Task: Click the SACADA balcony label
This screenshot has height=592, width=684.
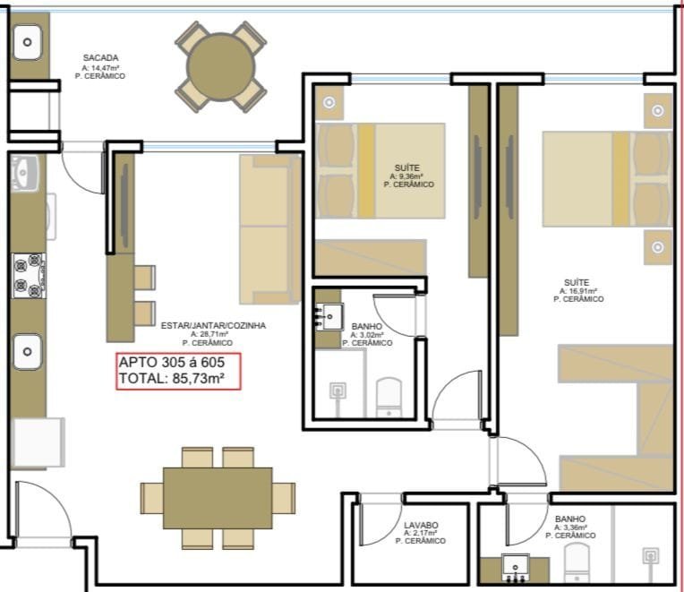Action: pos(101,57)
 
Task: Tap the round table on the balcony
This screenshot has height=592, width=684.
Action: pos(221,67)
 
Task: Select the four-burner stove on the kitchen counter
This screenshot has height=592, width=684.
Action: pos(29,276)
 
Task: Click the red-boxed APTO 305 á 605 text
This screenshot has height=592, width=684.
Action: pos(171,362)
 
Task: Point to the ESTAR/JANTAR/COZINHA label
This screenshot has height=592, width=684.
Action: pos(213,325)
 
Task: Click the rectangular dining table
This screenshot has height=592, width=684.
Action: pos(218,498)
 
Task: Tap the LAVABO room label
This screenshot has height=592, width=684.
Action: pos(421,525)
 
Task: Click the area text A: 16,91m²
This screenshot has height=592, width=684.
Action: pos(578,291)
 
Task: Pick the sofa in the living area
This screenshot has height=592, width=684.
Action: pos(270,229)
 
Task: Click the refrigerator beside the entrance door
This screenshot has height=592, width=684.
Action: pos(38,442)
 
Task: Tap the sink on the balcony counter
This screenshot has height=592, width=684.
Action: pos(28,42)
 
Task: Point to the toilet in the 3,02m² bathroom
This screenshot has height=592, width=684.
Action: pos(389,397)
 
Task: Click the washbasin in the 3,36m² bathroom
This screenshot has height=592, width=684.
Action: pos(515,567)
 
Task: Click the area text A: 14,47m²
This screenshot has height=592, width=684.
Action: pos(101,68)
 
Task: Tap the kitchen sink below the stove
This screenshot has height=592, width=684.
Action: pos(28,352)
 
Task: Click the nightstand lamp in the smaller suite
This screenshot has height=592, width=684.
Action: pos(329,102)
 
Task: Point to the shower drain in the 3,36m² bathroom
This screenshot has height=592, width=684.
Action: pos(650,557)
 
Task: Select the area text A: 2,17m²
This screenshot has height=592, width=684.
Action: pos(421,533)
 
